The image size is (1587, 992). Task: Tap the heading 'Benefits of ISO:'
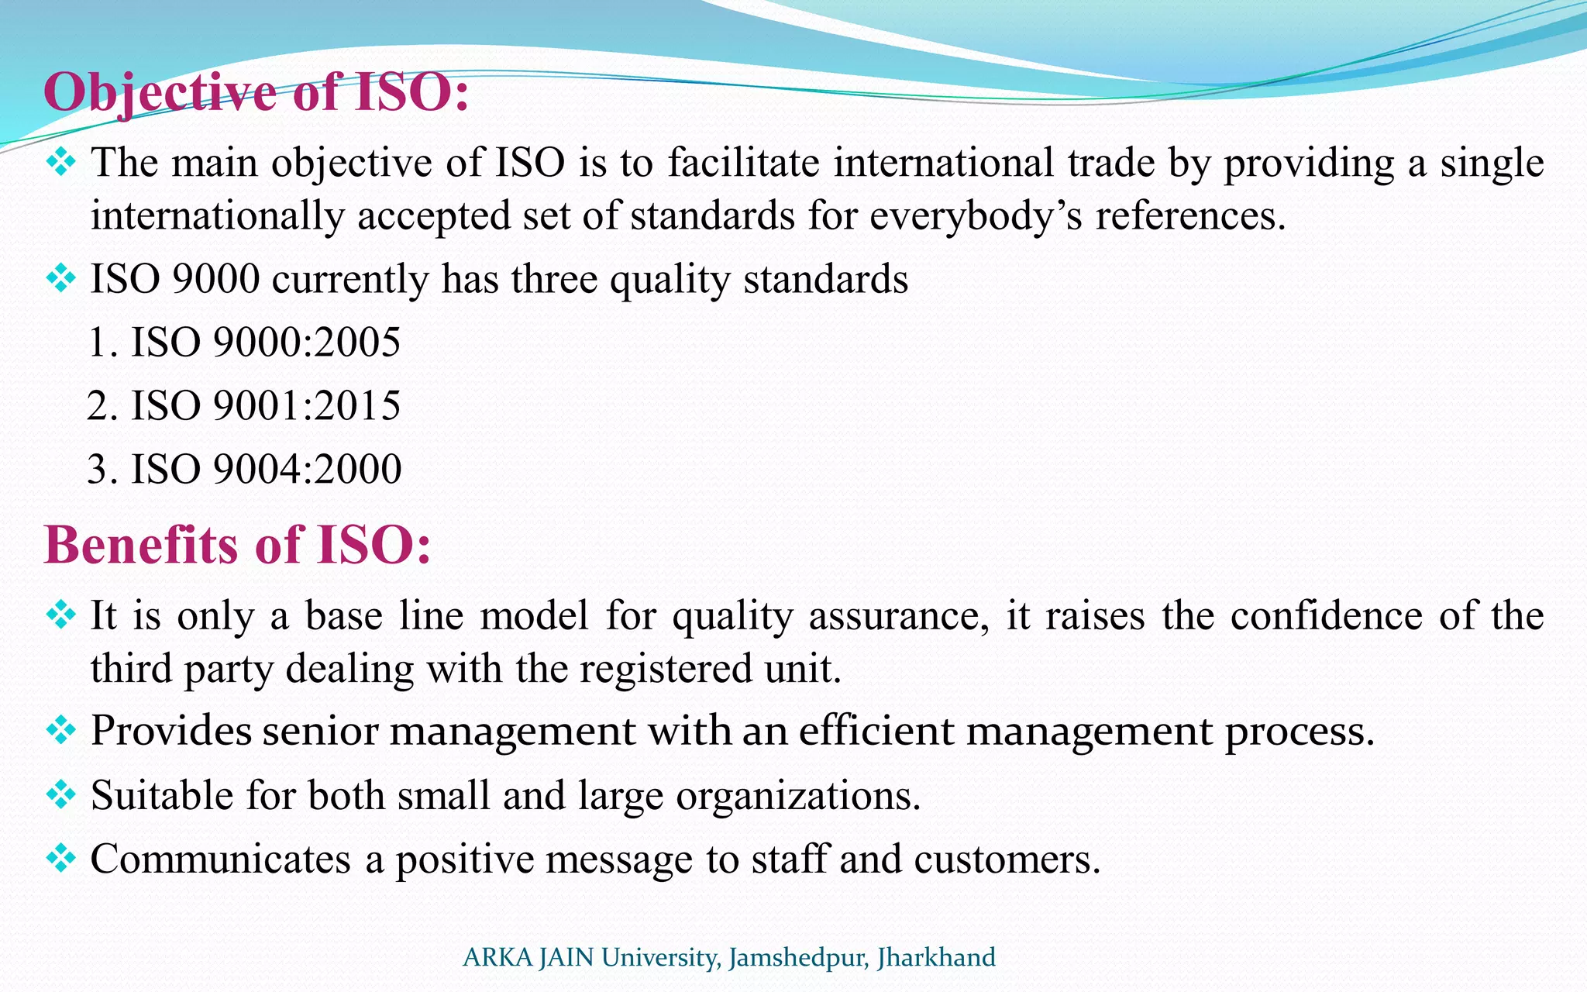point(237,544)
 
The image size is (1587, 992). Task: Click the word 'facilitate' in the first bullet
point(743,163)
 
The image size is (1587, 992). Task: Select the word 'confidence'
point(1326,616)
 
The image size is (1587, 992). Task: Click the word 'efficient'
point(876,731)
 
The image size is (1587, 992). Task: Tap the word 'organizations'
point(797,796)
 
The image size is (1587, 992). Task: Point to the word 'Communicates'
point(221,859)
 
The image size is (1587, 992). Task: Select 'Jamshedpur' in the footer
point(798,958)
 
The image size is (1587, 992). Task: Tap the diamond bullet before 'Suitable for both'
point(60,794)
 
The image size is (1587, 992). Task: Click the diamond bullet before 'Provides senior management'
point(60,729)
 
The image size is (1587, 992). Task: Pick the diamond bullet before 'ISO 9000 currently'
point(60,277)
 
